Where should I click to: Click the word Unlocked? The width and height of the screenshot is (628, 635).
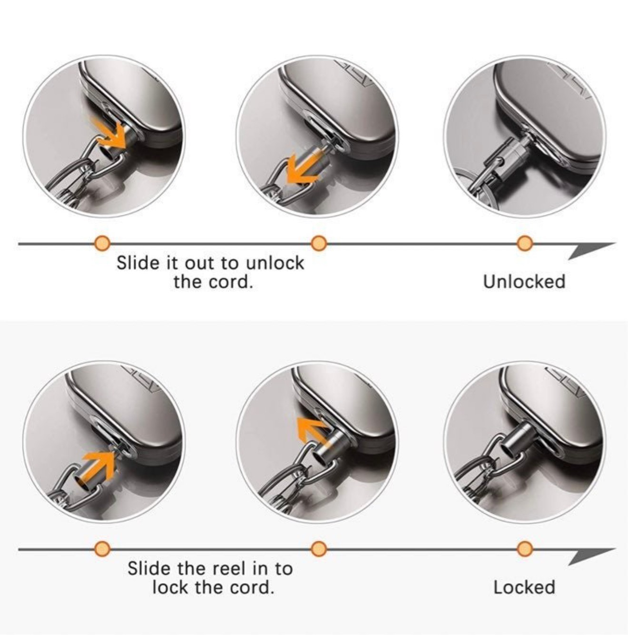[x=524, y=282]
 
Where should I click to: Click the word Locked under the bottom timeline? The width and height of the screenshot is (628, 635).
[x=524, y=587]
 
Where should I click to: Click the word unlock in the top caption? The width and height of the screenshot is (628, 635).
[x=275, y=263]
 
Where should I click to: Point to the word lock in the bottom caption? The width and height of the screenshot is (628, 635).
[x=171, y=587]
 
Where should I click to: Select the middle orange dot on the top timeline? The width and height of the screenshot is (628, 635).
[x=319, y=243]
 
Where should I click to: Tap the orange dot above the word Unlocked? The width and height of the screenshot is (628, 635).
[x=524, y=243]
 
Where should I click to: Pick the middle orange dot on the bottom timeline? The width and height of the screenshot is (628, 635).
[x=319, y=549]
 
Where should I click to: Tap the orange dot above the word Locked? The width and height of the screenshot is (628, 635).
[x=524, y=549]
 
